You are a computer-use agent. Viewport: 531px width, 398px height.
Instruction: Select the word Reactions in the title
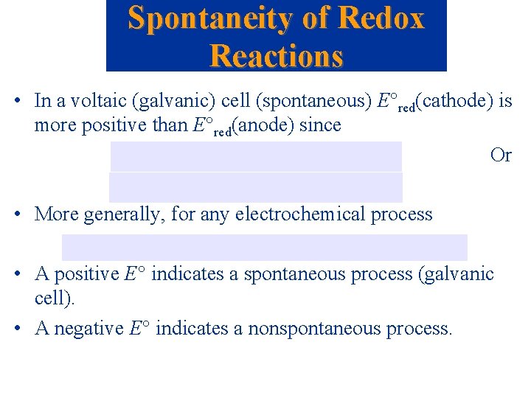[277, 55]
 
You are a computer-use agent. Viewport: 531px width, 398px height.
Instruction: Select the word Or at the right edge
[501, 156]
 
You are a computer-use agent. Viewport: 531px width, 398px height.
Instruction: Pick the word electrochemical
[286, 214]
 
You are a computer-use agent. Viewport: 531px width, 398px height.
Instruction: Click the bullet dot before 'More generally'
[24, 215]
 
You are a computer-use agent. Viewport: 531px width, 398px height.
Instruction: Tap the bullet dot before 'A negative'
[24, 328]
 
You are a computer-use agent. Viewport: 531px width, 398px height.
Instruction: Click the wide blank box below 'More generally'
[264, 247]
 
